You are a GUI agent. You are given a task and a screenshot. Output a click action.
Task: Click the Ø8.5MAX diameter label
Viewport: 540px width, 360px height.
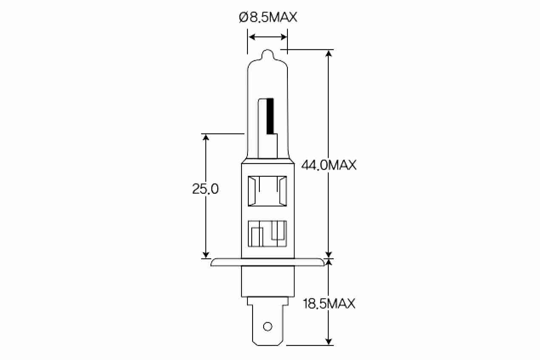(x=268, y=18)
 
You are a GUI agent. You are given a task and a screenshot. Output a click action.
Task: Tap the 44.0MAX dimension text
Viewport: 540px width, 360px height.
(x=328, y=165)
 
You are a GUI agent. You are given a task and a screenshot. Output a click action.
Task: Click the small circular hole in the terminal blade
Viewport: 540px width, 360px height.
(x=267, y=326)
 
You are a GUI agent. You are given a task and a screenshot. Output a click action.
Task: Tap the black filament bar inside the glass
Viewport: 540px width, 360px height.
(x=270, y=115)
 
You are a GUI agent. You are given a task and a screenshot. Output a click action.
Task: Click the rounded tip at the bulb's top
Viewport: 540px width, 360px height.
(x=268, y=54)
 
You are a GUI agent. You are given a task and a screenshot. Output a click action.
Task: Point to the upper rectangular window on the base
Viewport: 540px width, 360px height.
(x=267, y=192)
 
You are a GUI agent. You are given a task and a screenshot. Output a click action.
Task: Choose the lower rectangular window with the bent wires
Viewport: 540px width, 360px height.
(x=267, y=233)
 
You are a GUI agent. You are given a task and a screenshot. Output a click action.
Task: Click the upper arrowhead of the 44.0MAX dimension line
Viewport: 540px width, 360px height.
(x=329, y=54)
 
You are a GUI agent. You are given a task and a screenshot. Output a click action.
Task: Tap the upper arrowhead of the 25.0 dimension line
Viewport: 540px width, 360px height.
(x=206, y=137)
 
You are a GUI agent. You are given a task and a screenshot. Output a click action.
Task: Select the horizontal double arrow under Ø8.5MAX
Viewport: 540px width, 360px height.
(x=268, y=37)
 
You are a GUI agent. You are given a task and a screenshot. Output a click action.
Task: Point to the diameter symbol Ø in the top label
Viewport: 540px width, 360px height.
(x=243, y=18)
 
